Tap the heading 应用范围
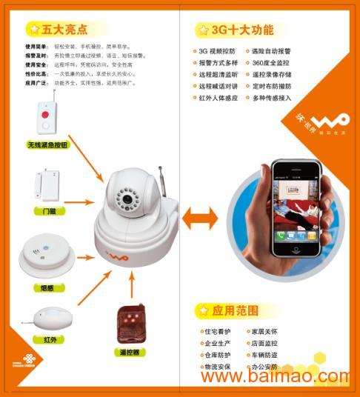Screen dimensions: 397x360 coord(236,310)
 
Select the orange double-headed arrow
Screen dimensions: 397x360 coord(200,218)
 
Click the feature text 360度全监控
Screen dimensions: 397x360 coord(272,63)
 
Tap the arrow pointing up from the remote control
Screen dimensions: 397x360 coord(132,285)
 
